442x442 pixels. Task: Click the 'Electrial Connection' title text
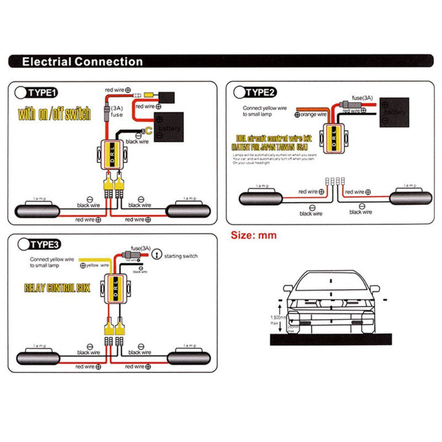click(x=82, y=61)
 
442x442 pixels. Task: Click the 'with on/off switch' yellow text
click(x=54, y=115)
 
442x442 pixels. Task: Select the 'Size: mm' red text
click(x=253, y=235)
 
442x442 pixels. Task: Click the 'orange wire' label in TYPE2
click(x=315, y=114)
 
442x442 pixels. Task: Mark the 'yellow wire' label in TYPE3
click(x=97, y=265)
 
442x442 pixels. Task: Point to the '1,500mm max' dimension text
click(x=277, y=320)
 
